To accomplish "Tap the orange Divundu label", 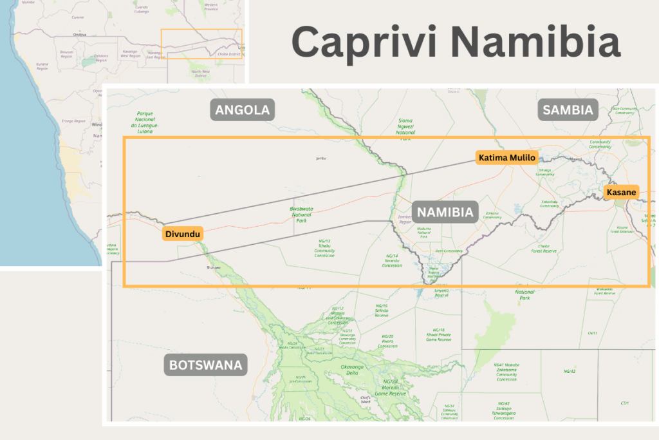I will pyautogui.click(x=183, y=233).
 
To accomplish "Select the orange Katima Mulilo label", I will pyautogui.click(x=506, y=157).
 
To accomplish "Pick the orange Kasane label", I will pyautogui.click(x=621, y=192).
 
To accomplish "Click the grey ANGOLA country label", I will pyautogui.click(x=243, y=110).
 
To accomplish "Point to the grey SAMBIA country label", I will pyautogui.click(x=567, y=110).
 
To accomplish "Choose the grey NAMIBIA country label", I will pyautogui.click(x=445, y=212).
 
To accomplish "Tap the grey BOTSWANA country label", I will pyautogui.click(x=205, y=366).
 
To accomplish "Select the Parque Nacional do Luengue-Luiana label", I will pyautogui.click(x=144, y=122).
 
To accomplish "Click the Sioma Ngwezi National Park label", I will pyautogui.click(x=405, y=127).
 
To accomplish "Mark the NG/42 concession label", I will pyautogui.click(x=569, y=371).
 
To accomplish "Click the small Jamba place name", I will pyautogui.click(x=322, y=158).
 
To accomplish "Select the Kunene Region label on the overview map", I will pyautogui.click(x=42, y=66).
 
